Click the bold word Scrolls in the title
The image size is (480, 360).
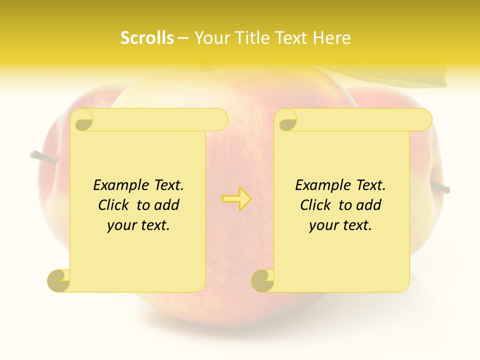[147, 38]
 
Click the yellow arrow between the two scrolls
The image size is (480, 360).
[237, 198]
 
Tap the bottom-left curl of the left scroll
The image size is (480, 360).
[59, 280]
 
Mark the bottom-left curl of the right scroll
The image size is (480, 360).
[262, 280]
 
